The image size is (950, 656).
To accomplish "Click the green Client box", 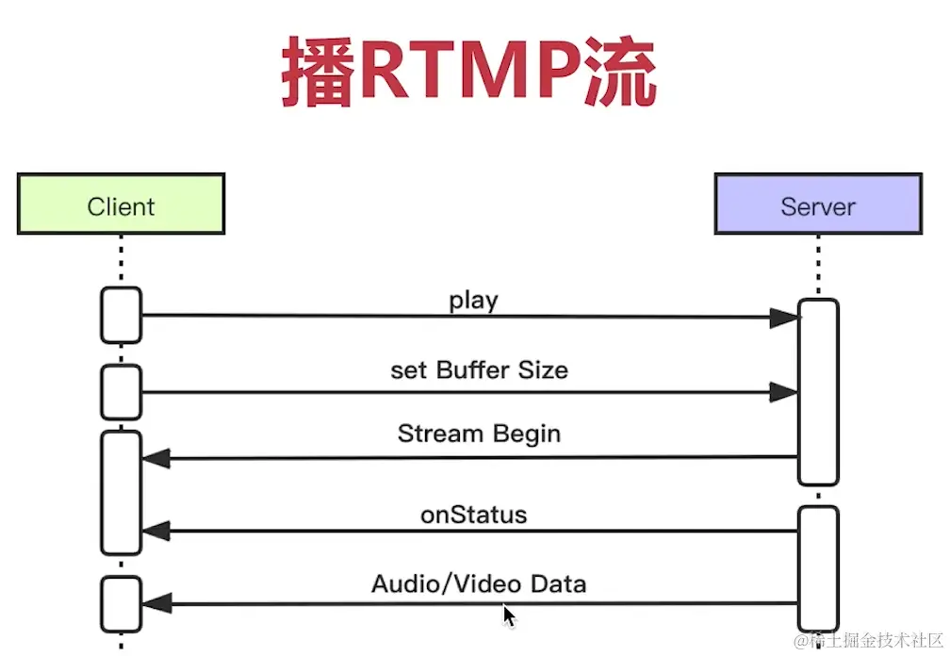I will tap(121, 204).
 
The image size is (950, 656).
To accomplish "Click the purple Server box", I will tap(817, 204).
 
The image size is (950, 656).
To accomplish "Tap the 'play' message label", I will tap(473, 301).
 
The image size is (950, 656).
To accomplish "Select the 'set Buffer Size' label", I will tap(479, 369).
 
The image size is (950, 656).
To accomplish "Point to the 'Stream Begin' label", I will tap(479, 434).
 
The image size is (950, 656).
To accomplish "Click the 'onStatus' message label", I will tap(473, 516).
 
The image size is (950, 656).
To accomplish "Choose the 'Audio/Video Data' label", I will tap(479, 583).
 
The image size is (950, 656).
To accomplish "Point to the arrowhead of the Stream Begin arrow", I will tap(156, 459).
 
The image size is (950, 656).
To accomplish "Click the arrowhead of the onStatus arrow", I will tap(156, 532).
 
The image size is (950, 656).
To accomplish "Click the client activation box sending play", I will tap(121, 315).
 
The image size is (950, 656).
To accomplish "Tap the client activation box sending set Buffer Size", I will tap(121, 391).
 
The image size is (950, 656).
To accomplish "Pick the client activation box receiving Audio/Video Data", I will tap(121, 604).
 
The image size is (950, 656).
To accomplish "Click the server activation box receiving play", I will tap(818, 391).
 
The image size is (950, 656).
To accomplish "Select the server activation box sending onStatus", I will tap(818, 566).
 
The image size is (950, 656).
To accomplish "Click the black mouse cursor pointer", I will tap(509, 616).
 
